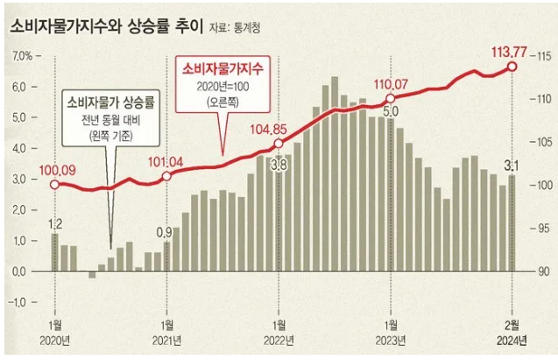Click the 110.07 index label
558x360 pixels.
(391, 84)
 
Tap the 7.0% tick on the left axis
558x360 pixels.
(21, 57)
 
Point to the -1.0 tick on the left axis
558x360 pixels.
(21, 302)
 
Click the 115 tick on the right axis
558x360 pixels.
(537, 57)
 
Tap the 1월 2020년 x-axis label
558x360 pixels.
(56, 333)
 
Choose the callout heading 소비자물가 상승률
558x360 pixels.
(109, 104)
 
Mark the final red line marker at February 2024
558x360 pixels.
(512, 67)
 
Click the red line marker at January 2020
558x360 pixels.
(54, 184)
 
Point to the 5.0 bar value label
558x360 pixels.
(391, 111)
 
